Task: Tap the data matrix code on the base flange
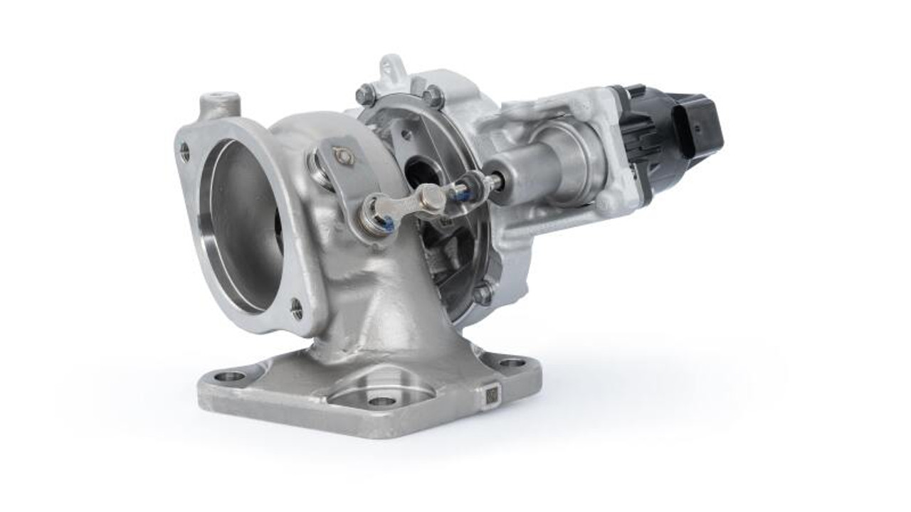tap(491, 395)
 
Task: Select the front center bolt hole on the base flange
tap(382, 402)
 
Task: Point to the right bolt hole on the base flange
tap(512, 363)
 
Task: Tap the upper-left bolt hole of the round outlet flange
tap(185, 151)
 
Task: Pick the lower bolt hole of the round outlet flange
tap(297, 309)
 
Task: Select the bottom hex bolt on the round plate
tap(484, 292)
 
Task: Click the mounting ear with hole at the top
tap(391, 68)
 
